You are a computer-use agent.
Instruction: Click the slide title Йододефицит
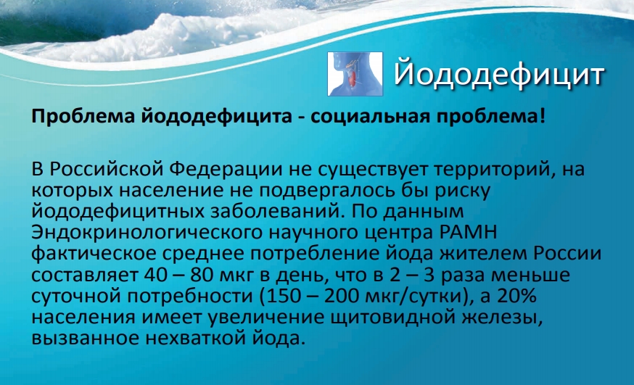tap(499, 75)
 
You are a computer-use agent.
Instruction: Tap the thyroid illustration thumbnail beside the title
tap(355, 74)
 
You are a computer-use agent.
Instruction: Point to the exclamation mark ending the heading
tap(542, 116)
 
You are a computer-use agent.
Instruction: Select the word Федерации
tap(225, 169)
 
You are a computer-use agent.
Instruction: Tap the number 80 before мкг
tap(202, 275)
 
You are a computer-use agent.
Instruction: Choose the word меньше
tap(532, 275)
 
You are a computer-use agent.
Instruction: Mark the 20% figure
tap(516, 297)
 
